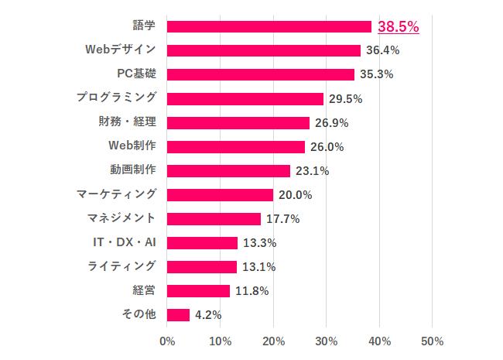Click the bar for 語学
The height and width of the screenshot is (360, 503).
tap(269, 26)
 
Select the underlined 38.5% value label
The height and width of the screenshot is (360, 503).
tap(399, 26)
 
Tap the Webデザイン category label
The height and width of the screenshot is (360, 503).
tap(121, 50)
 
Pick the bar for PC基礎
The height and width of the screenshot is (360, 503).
tap(261, 74)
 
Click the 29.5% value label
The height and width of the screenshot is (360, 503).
tap(345, 98)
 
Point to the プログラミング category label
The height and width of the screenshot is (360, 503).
tap(117, 98)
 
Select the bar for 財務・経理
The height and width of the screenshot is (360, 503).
tap(238, 122)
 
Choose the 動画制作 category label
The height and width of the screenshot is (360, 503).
tap(133, 170)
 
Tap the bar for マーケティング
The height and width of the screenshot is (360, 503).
tap(220, 194)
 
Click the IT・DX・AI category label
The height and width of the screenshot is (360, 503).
tap(124, 242)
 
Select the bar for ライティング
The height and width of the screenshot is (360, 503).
tap(202, 266)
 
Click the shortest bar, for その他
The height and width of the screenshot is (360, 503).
tap(178, 315)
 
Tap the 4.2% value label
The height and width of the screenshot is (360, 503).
tap(208, 315)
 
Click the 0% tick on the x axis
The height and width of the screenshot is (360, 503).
tap(167, 341)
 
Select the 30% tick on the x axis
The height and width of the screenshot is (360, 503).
tap(326, 341)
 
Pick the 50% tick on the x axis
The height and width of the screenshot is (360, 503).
tap(432, 341)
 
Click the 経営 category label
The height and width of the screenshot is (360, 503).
tap(144, 291)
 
